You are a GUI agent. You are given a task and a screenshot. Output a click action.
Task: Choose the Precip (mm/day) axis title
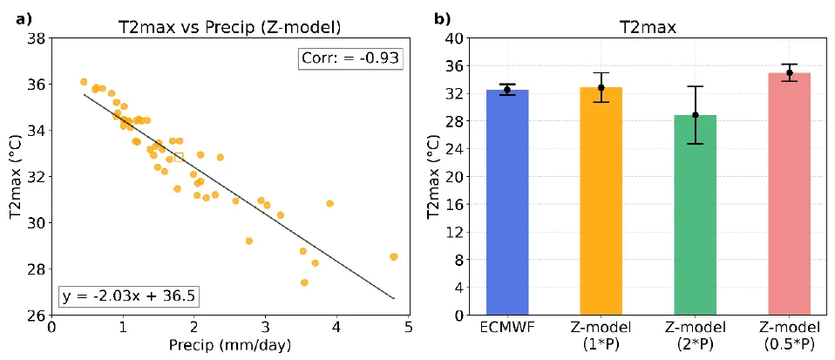point(229,345)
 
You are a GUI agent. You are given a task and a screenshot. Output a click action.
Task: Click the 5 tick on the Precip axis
point(407,327)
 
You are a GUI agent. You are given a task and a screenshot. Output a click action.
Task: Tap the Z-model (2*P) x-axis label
point(696,336)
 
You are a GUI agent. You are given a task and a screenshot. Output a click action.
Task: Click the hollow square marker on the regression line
point(179,157)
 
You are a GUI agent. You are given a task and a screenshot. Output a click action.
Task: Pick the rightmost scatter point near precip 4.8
point(393,256)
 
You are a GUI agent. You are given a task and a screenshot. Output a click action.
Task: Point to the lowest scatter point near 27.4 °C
point(304,282)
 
